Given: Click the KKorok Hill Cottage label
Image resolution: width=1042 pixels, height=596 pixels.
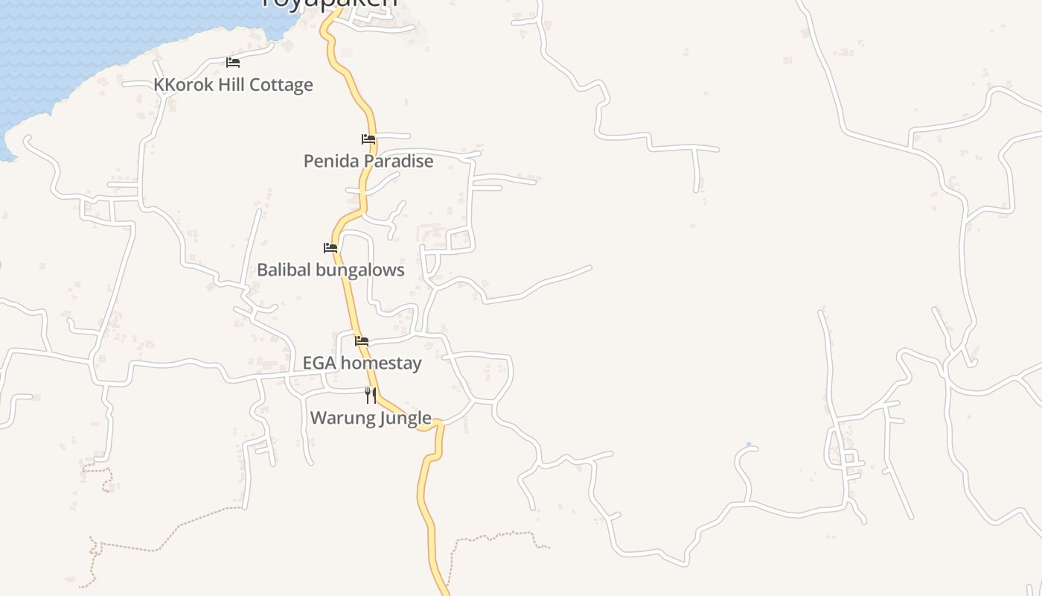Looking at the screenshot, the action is click(x=233, y=85).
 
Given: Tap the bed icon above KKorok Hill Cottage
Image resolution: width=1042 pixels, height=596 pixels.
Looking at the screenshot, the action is click(x=233, y=63).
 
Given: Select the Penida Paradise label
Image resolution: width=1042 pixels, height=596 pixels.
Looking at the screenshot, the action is click(x=368, y=161).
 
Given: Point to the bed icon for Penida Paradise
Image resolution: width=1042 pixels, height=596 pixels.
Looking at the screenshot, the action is click(x=368, y=139).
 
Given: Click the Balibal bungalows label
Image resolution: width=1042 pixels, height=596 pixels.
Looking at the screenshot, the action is click(x=330, y=270).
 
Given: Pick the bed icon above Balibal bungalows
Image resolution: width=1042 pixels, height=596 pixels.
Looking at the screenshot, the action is click(x=330, y=248).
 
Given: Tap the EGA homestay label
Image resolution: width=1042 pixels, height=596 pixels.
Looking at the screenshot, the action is click(x=362, y=363).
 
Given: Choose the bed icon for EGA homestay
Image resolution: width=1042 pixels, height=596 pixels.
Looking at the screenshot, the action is click(x=362, y=341).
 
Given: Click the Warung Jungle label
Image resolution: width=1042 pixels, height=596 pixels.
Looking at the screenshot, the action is click(x=371, y=418).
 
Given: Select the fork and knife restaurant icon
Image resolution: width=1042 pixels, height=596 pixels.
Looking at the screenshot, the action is click(x=371, y=396).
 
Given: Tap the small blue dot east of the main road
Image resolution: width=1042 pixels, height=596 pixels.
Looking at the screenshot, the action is click(x=749, y=445).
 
